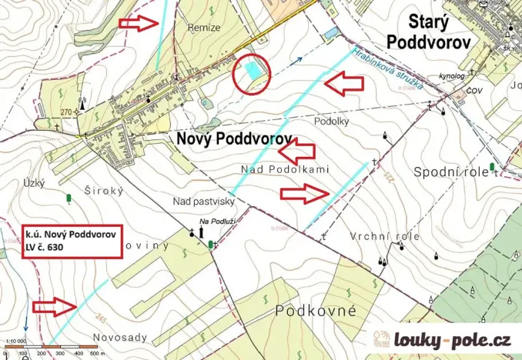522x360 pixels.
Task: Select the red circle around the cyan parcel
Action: (x=252, y=75)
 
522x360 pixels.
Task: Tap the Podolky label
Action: (x=333, y=122)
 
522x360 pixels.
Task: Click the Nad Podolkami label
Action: (x=285, y=168)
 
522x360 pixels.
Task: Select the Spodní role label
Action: (x=450, y=172)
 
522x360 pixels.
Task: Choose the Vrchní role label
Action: (x=384, y=236)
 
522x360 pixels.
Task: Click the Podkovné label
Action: (x=315, y=310)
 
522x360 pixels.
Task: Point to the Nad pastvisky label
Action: (x=203, y=201)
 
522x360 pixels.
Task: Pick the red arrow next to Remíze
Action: (x=139, y=22)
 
